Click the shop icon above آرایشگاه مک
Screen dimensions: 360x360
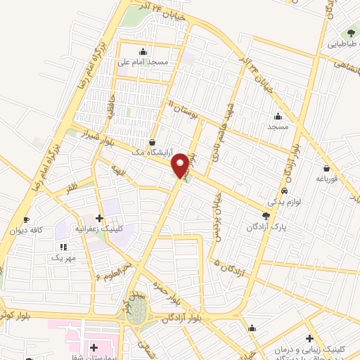pyautogui.click(x=153, y=141)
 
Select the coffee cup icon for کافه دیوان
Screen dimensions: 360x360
pyautogui.click(x=27, y=219)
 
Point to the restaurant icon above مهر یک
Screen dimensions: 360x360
pyautogui.click(x=63, y=247)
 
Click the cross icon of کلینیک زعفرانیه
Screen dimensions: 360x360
pyautogui.click(x=100, y=218)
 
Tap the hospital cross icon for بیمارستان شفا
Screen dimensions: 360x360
pyautogui.click(x=94, y=347)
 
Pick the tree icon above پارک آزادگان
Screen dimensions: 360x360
pyautogui.click(x=266, y=216)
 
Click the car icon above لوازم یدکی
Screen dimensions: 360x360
pyautogui.click(x=283, y=191)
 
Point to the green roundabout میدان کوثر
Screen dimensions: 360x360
pyautogui.click(x=138, y=312)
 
